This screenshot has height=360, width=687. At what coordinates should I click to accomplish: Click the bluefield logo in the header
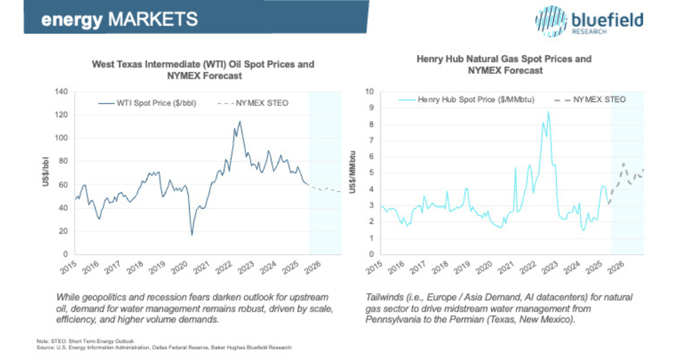(x=588, y=22)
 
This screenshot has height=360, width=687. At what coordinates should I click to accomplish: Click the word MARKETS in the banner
(x=153, y=19)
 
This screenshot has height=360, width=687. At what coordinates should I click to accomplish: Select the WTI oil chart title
(x=203, y=69)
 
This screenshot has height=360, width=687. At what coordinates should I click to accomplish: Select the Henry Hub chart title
(x=504, y=64)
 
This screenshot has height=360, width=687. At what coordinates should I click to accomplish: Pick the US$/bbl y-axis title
(x=46, y=173)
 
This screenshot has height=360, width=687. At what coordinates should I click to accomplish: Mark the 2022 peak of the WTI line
(x=240, y=122)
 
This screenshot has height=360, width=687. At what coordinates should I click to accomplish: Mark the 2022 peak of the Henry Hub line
(x=548, y=112)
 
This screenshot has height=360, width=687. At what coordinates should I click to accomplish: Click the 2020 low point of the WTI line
(x=192, y=234)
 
